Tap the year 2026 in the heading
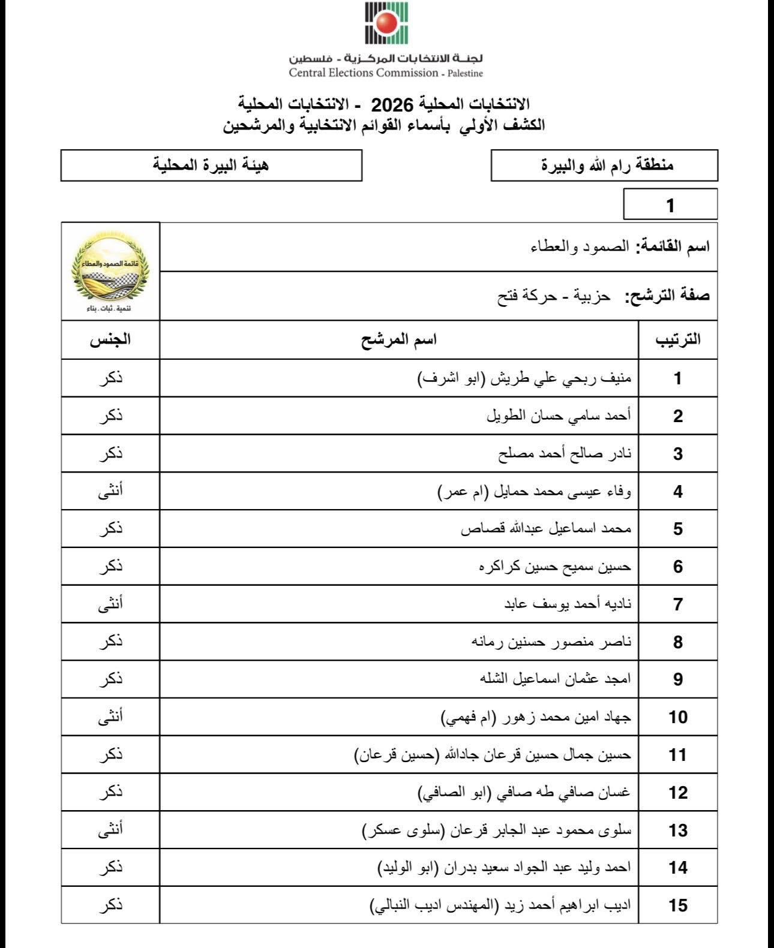pos(391,105)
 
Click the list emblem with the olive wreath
pos(110,270)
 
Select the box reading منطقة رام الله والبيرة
pos(604,165)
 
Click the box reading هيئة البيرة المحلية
pos(211,165)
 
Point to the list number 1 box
pos(670,205)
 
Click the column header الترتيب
pos(677,339)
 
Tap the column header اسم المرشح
pos(398,339)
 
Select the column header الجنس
pos(110,339)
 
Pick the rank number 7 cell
pos(677,604)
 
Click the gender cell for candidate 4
pos(110,491)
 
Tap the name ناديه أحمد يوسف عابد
pos(568,604)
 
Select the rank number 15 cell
pos(677,905)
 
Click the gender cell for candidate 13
pos(110,830)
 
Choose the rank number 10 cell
pos(677,717)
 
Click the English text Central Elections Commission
pos(364,73)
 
